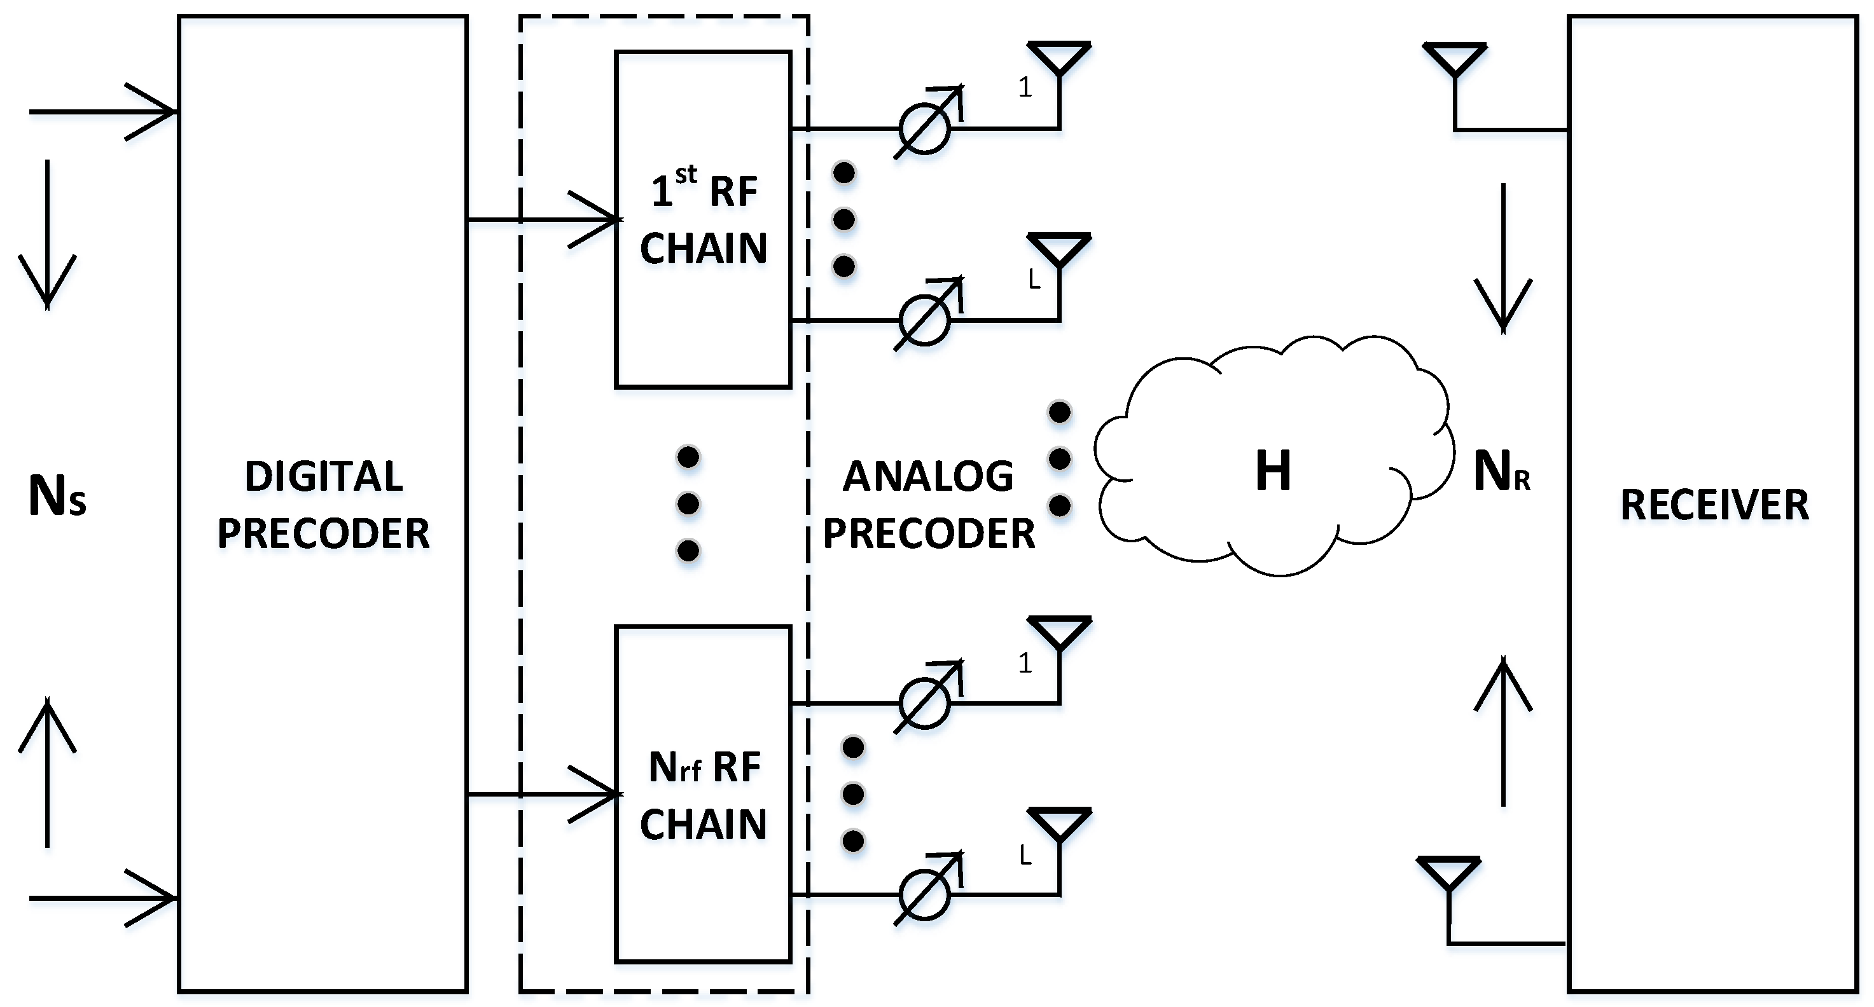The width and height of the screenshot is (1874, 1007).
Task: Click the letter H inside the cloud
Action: [x=1272, y=471]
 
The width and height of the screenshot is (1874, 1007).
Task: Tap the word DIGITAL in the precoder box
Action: [x=324, y=477]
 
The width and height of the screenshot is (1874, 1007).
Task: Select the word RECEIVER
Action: [x=1714, y=505]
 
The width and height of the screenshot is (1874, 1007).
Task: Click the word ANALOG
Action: [x=927, y=477]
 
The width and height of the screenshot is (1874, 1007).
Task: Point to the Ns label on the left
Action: [x=57, y=497]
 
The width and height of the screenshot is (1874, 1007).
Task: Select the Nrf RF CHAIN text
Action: [x=704, y=795]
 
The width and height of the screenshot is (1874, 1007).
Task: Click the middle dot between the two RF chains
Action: [x=688, y=503]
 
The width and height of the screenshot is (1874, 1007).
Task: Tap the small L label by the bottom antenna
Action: [x=1025, y=855]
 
